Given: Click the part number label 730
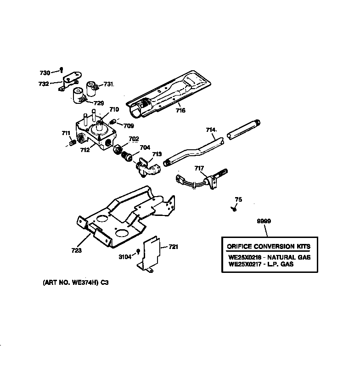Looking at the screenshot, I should (44, 73).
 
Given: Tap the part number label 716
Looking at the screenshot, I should (180, 111).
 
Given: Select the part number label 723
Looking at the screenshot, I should (76, 250).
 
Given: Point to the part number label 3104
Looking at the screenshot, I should (125, 257).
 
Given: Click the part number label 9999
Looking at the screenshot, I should (264, 222).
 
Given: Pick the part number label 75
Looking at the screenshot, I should (238, 199).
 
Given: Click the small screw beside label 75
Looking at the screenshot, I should (234, 209).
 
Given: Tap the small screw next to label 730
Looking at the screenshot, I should (60, 70).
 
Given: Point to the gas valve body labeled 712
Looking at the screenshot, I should (97, 133).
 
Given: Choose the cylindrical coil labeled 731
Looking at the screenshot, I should (93, 86).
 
